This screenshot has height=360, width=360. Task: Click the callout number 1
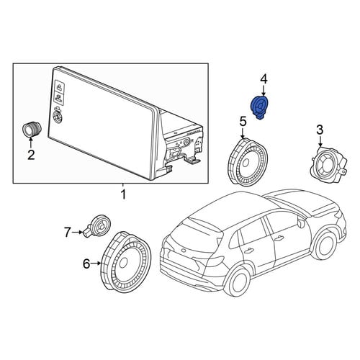[x=123, y=194]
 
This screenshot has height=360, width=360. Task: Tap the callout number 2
[x=31, y=155]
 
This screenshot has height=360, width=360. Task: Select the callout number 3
[x=320, y=130]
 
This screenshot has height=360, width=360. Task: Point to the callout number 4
[x=264, y=79]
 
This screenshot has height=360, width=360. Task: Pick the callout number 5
[x=243, y=122]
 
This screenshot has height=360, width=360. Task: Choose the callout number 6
[x=86, y=264]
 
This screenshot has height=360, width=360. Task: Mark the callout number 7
[x=68, y=233]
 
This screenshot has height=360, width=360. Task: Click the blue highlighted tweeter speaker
[x=259, y=107]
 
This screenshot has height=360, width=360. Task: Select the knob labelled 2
[x=32, y=130]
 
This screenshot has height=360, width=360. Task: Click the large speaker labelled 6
[x=125, y=262]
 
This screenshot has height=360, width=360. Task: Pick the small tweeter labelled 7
[x=98, y=226]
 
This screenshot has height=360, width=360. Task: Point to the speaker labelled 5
[x=247, y=161]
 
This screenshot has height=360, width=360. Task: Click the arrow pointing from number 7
[x=78, y=233]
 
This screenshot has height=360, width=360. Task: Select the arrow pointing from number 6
[x=96, y=264]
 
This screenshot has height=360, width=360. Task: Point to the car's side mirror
[x=301, y=223]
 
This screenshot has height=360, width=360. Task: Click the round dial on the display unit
[x=58, y=117]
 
